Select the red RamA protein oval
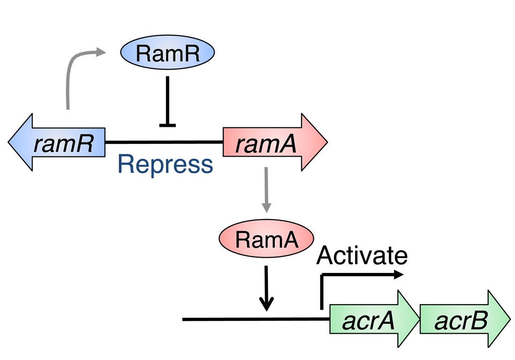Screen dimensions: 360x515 (x=266, y=239)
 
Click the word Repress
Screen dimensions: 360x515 (x=165, y=164)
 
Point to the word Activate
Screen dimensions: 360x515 (x=361, y=256)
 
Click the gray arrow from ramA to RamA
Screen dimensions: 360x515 (x=266, y=188)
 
